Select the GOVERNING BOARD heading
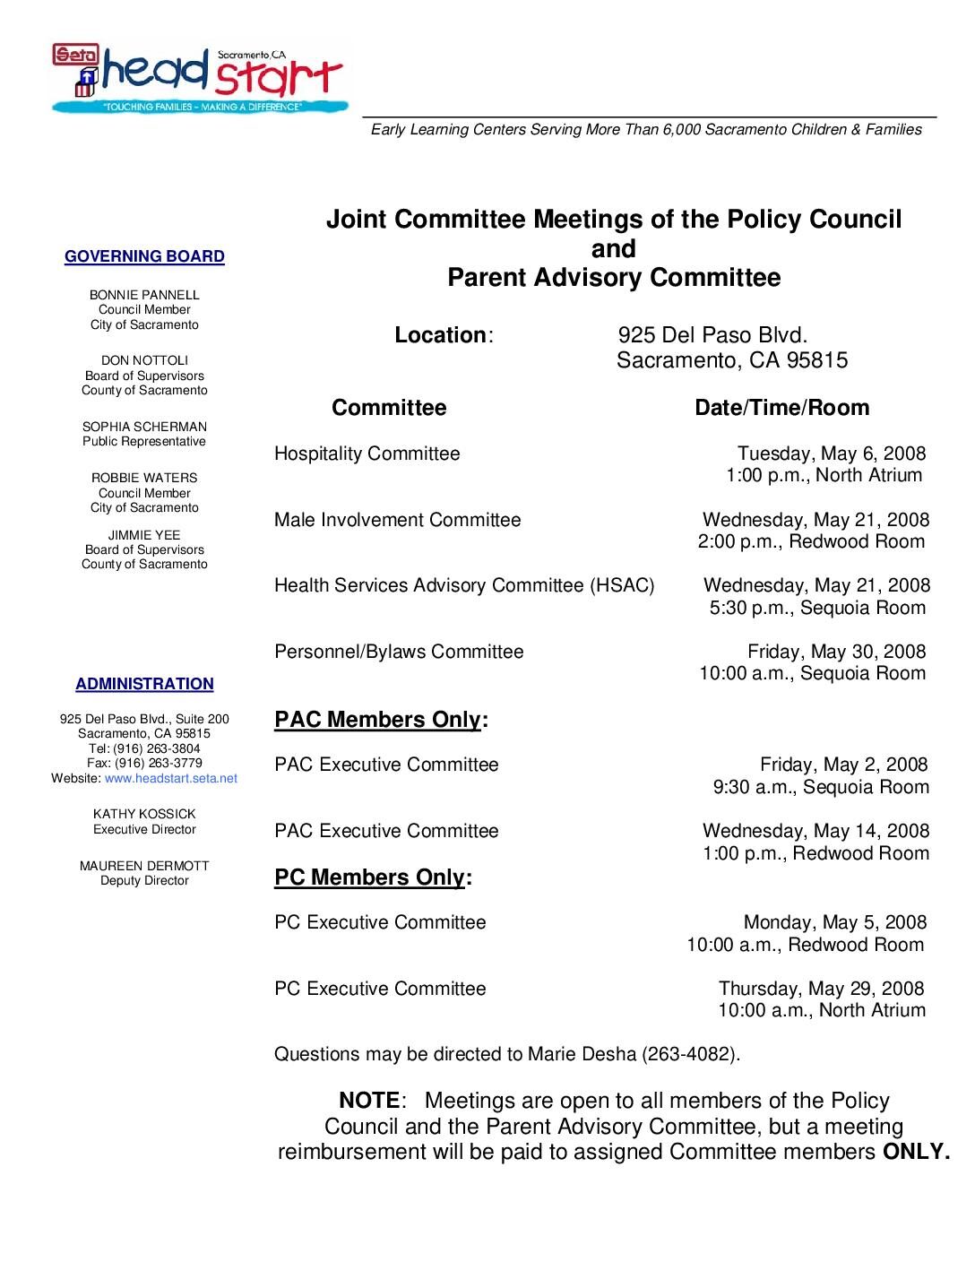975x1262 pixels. (x=144, y=257)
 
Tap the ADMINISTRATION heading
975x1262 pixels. (x=144, y=685)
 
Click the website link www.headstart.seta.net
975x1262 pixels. (x=171, y=779)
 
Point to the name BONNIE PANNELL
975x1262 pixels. (x=144, y=295)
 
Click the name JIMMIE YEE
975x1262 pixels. (x=144, y=535)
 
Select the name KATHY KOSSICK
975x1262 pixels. (x=144, y=815)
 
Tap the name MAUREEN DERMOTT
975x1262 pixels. (x=144, y=866)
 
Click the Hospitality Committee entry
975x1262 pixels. (x=367, y=454)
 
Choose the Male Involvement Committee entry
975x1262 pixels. (x=397, y=521)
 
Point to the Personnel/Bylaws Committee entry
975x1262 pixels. (x=399, y=653)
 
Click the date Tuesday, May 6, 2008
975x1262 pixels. (x=832, y=454)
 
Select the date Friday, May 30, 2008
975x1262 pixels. (x=837, y=653)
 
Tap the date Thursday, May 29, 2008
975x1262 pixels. (x=821, y=990)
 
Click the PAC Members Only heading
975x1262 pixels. (x=377, y=721)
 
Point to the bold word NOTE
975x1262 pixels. (x=369, y=1102)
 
